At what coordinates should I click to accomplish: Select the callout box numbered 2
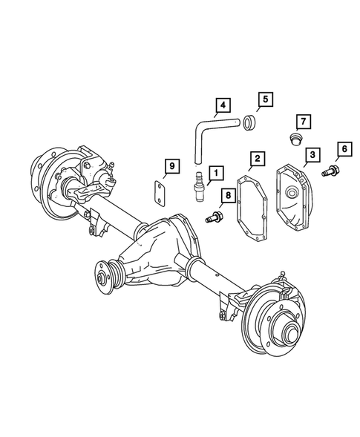(257, 159)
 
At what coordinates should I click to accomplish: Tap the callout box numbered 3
(312, 154)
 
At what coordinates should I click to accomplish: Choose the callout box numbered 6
(343, 149)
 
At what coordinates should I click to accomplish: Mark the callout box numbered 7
(303, 121)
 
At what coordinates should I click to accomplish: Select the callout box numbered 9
(171, 166)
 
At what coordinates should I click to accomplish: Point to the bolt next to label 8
(212, 218)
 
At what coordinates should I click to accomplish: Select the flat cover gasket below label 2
(254, 208)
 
